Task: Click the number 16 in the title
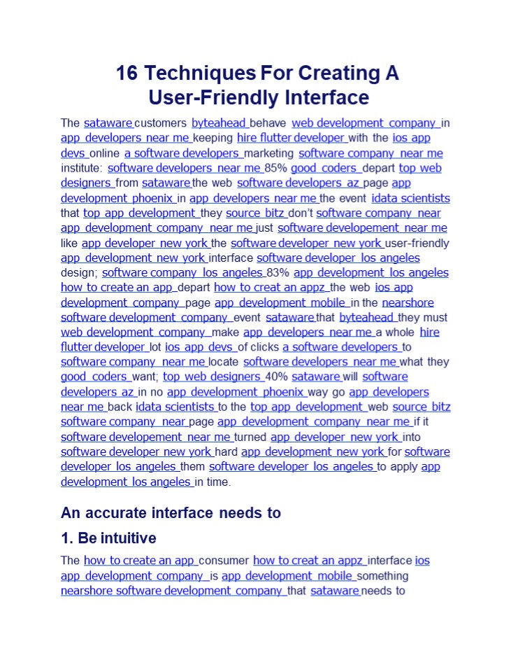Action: pyautogui.click(x=128, y=73)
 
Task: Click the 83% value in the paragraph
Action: pyautogui.click(x=279, y=272)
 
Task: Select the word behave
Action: pyautogui.click(x=268, y=123)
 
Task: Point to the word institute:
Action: pyautogui.click(x=82, y=168)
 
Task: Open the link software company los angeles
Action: pyautogui.click(x=182, y=272)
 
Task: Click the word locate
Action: pyautogui.click(x=224, y=362)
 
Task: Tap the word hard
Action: pyautogui.click(x=226, y=451)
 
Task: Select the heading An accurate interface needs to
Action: pyautogui.click(x=171, y=512)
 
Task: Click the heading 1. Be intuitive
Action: pyautogui.click(x=108, y=538)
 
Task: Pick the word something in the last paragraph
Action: pyautogui.click(x=382, y=576)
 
